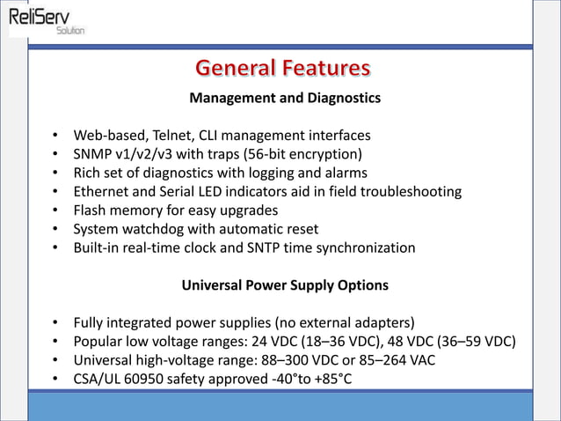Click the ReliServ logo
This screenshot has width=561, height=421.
tap(47, 19)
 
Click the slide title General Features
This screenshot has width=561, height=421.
tap(282, 68)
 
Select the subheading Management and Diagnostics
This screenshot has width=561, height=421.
tap(285, 98)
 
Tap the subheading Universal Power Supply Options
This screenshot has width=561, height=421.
tap(285, 285)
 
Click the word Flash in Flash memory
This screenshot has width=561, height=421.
tap(91, 210)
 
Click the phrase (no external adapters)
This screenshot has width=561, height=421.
tap(340, 323)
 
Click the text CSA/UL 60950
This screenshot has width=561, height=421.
tap(118, 380)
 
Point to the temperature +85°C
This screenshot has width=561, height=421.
tap(338, 380)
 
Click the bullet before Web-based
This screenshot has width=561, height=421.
tap(55, 137)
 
